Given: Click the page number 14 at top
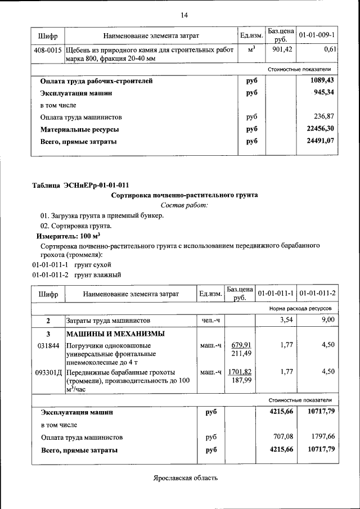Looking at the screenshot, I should pos(184,15).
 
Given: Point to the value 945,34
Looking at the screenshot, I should pos(324,93).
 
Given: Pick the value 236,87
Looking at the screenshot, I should pos(324,117).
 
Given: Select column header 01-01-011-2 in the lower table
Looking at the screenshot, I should pos(317,294).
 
